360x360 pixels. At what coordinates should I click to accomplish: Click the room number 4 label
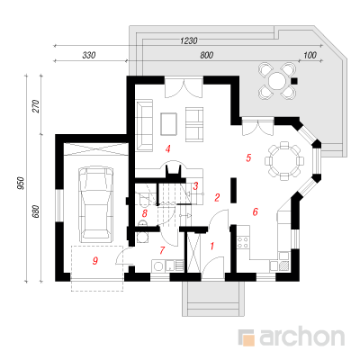(168, 148)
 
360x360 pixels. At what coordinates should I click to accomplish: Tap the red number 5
(248, 157)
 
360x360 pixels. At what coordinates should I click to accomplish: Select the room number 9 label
(95, 261)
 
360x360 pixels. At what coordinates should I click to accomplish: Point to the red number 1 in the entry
(212, 247)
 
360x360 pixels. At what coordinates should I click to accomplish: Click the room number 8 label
(145, 213)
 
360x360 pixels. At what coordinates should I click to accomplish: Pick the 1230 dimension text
(189, 40)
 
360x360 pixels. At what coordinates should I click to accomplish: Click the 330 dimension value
(89, 55)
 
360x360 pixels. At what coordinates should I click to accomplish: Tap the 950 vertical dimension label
(21, 183)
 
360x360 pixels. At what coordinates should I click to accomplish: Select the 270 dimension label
(35, 106)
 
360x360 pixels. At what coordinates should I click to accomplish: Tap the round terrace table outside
(277, 81)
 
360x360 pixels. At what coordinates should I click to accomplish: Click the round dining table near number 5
(284, 161)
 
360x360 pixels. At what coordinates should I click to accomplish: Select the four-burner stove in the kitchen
(243, 242)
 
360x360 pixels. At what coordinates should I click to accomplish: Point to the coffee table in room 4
(169, 123)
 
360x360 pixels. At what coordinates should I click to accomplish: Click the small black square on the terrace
(294, 81)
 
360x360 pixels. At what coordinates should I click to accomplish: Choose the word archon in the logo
(301, 337)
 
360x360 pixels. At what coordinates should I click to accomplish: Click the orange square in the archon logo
(248, 340)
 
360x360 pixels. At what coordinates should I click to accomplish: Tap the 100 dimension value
(310, 55)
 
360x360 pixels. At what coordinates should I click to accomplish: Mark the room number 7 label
(162, 250)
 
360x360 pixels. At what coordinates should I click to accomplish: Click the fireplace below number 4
(174, 169)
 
